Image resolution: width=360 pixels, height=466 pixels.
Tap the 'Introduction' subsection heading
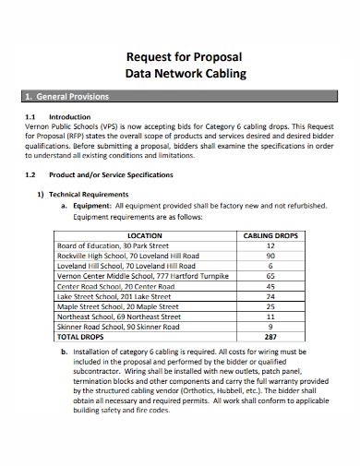tap(69, 117)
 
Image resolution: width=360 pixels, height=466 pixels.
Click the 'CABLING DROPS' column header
tap(270, 235)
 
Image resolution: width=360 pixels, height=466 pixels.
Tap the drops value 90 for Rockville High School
tap(270, 256)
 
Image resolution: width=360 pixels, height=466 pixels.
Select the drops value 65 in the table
tap(270, 275)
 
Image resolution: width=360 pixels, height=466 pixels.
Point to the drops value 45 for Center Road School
tap(270, 285)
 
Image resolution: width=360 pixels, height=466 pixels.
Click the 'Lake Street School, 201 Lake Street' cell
tap(110, 296)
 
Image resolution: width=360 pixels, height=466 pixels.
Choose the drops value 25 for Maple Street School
tap(270, 305)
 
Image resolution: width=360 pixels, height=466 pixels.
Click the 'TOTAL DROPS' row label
tap(83, 336)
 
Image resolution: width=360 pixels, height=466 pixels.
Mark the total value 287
tap(270, 336)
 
